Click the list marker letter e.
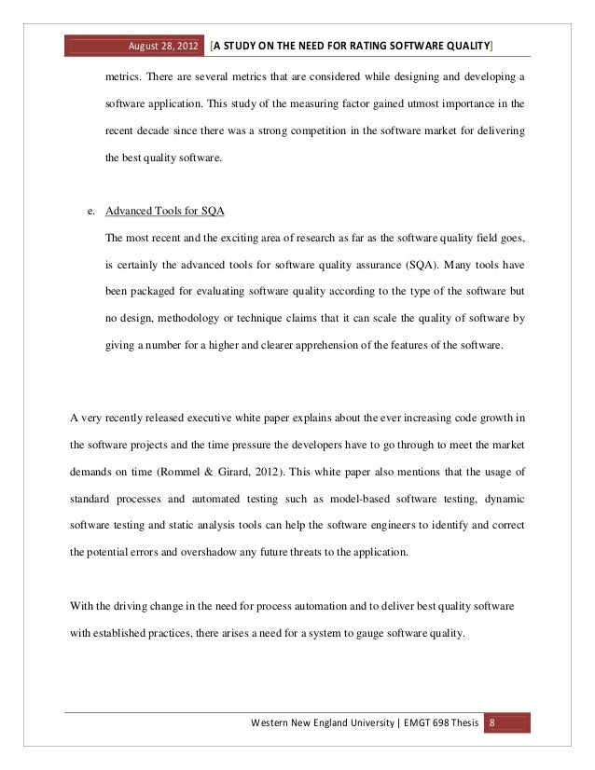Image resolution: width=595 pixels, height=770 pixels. pos(90,210)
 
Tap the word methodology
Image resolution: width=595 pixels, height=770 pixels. pos(194,318)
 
